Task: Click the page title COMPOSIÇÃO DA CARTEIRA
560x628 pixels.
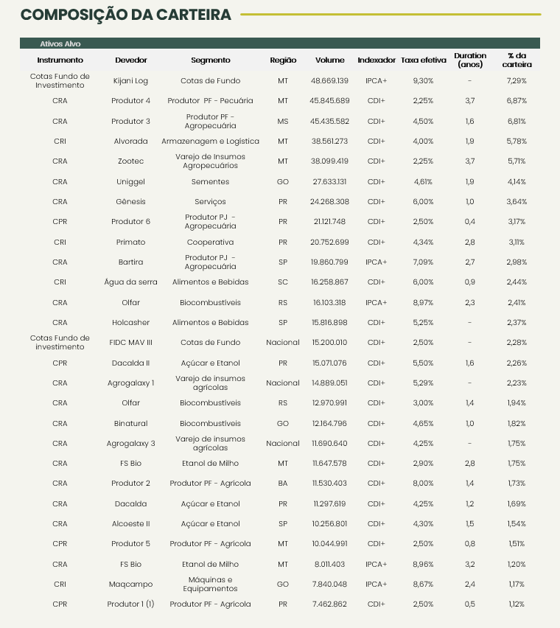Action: pyautogui.click(x=125, y=15)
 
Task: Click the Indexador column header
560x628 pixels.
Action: pyautogui.click(x=376, y=60)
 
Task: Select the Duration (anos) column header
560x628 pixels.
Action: pyautogui.click(x=470, y=60)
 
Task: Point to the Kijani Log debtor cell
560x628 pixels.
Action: pyautogui.click(x=131, y=80)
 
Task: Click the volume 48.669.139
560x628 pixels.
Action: pyautogui.click(x=330, y=80)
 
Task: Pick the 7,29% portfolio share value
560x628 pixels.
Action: pyautogui.click(x=516, y=80)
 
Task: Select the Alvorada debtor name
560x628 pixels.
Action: pyautogui.click(x=131, y=141)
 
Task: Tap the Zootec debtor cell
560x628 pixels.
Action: pyautogui.click(x=131, y=161)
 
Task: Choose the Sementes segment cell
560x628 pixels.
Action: pyautogui.click(x=210, y=181)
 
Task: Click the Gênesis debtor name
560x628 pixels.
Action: pyautogui.click(x=131, y=201)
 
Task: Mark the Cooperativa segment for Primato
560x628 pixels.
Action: pyautogui.click(x=210, y=242)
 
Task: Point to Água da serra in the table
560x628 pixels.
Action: pyautogui.click(x=131, y=282)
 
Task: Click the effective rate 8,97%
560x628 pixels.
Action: pyautogui.click(x=423, y=302)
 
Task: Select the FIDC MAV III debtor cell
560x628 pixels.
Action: pyautogui.click(x=131, y=342)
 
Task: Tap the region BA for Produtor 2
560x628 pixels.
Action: pyautogui.click(x=283, y=484)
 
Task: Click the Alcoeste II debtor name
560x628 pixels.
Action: pyautogui.click(x=131, y=523)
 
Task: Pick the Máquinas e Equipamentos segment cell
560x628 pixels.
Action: pyautogui.click(x=210, y=584)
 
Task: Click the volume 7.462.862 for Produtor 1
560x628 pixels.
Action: pyautogui.click(x=330, y=604)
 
